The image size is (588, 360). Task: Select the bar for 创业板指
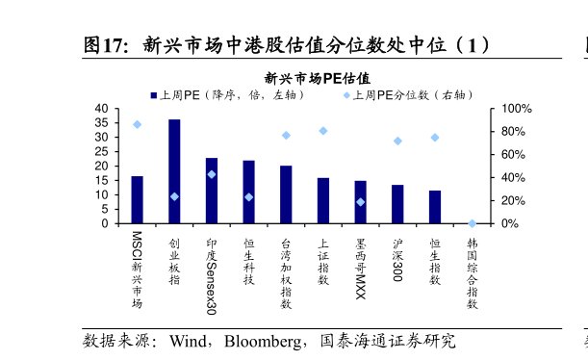tap(174, 171)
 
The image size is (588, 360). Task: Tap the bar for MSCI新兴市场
tap(137, 199)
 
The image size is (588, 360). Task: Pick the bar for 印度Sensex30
tap(212, 191)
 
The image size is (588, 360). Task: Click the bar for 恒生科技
tap(248, 192)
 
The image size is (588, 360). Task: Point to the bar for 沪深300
tap(397, 204)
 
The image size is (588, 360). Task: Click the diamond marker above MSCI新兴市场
tap(137, 124)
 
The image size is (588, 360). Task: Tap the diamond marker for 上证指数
tap(323, 131)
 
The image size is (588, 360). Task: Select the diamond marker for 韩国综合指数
tap(472, 223)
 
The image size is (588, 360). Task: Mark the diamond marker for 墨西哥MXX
tap(361, 202)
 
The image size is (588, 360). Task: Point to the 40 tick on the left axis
tap(101, 109)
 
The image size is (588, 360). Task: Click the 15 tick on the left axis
tap(101, 180)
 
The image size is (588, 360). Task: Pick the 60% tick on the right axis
tap(513, 154)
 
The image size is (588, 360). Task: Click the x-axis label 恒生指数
tap(435, 261)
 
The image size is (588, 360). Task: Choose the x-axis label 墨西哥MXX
tap(361, 267)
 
